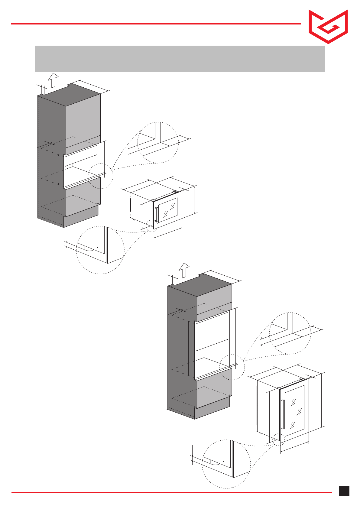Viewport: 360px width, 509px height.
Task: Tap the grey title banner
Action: pos(180,59)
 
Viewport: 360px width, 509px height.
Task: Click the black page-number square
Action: pos(344,491)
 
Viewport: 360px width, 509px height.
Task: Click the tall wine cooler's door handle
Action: pos(283,414)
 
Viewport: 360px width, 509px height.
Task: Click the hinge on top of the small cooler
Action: pos(175,191)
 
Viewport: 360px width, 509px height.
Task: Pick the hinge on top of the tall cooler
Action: pos(302,379)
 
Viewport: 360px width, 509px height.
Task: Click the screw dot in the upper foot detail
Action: pos(98,247)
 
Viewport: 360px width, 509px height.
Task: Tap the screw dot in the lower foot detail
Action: pos(223,462)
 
